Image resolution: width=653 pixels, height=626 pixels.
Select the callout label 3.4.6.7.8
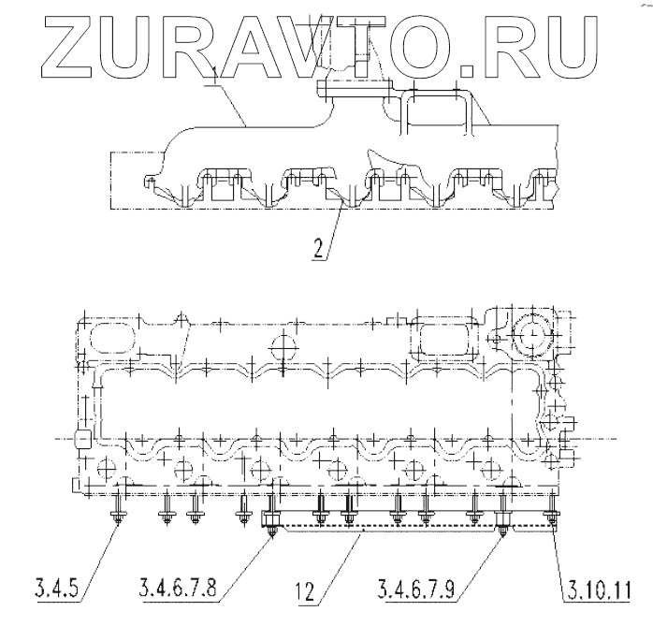[x=190, y=591]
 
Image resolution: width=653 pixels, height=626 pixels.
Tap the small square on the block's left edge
[x=80, y=438]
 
